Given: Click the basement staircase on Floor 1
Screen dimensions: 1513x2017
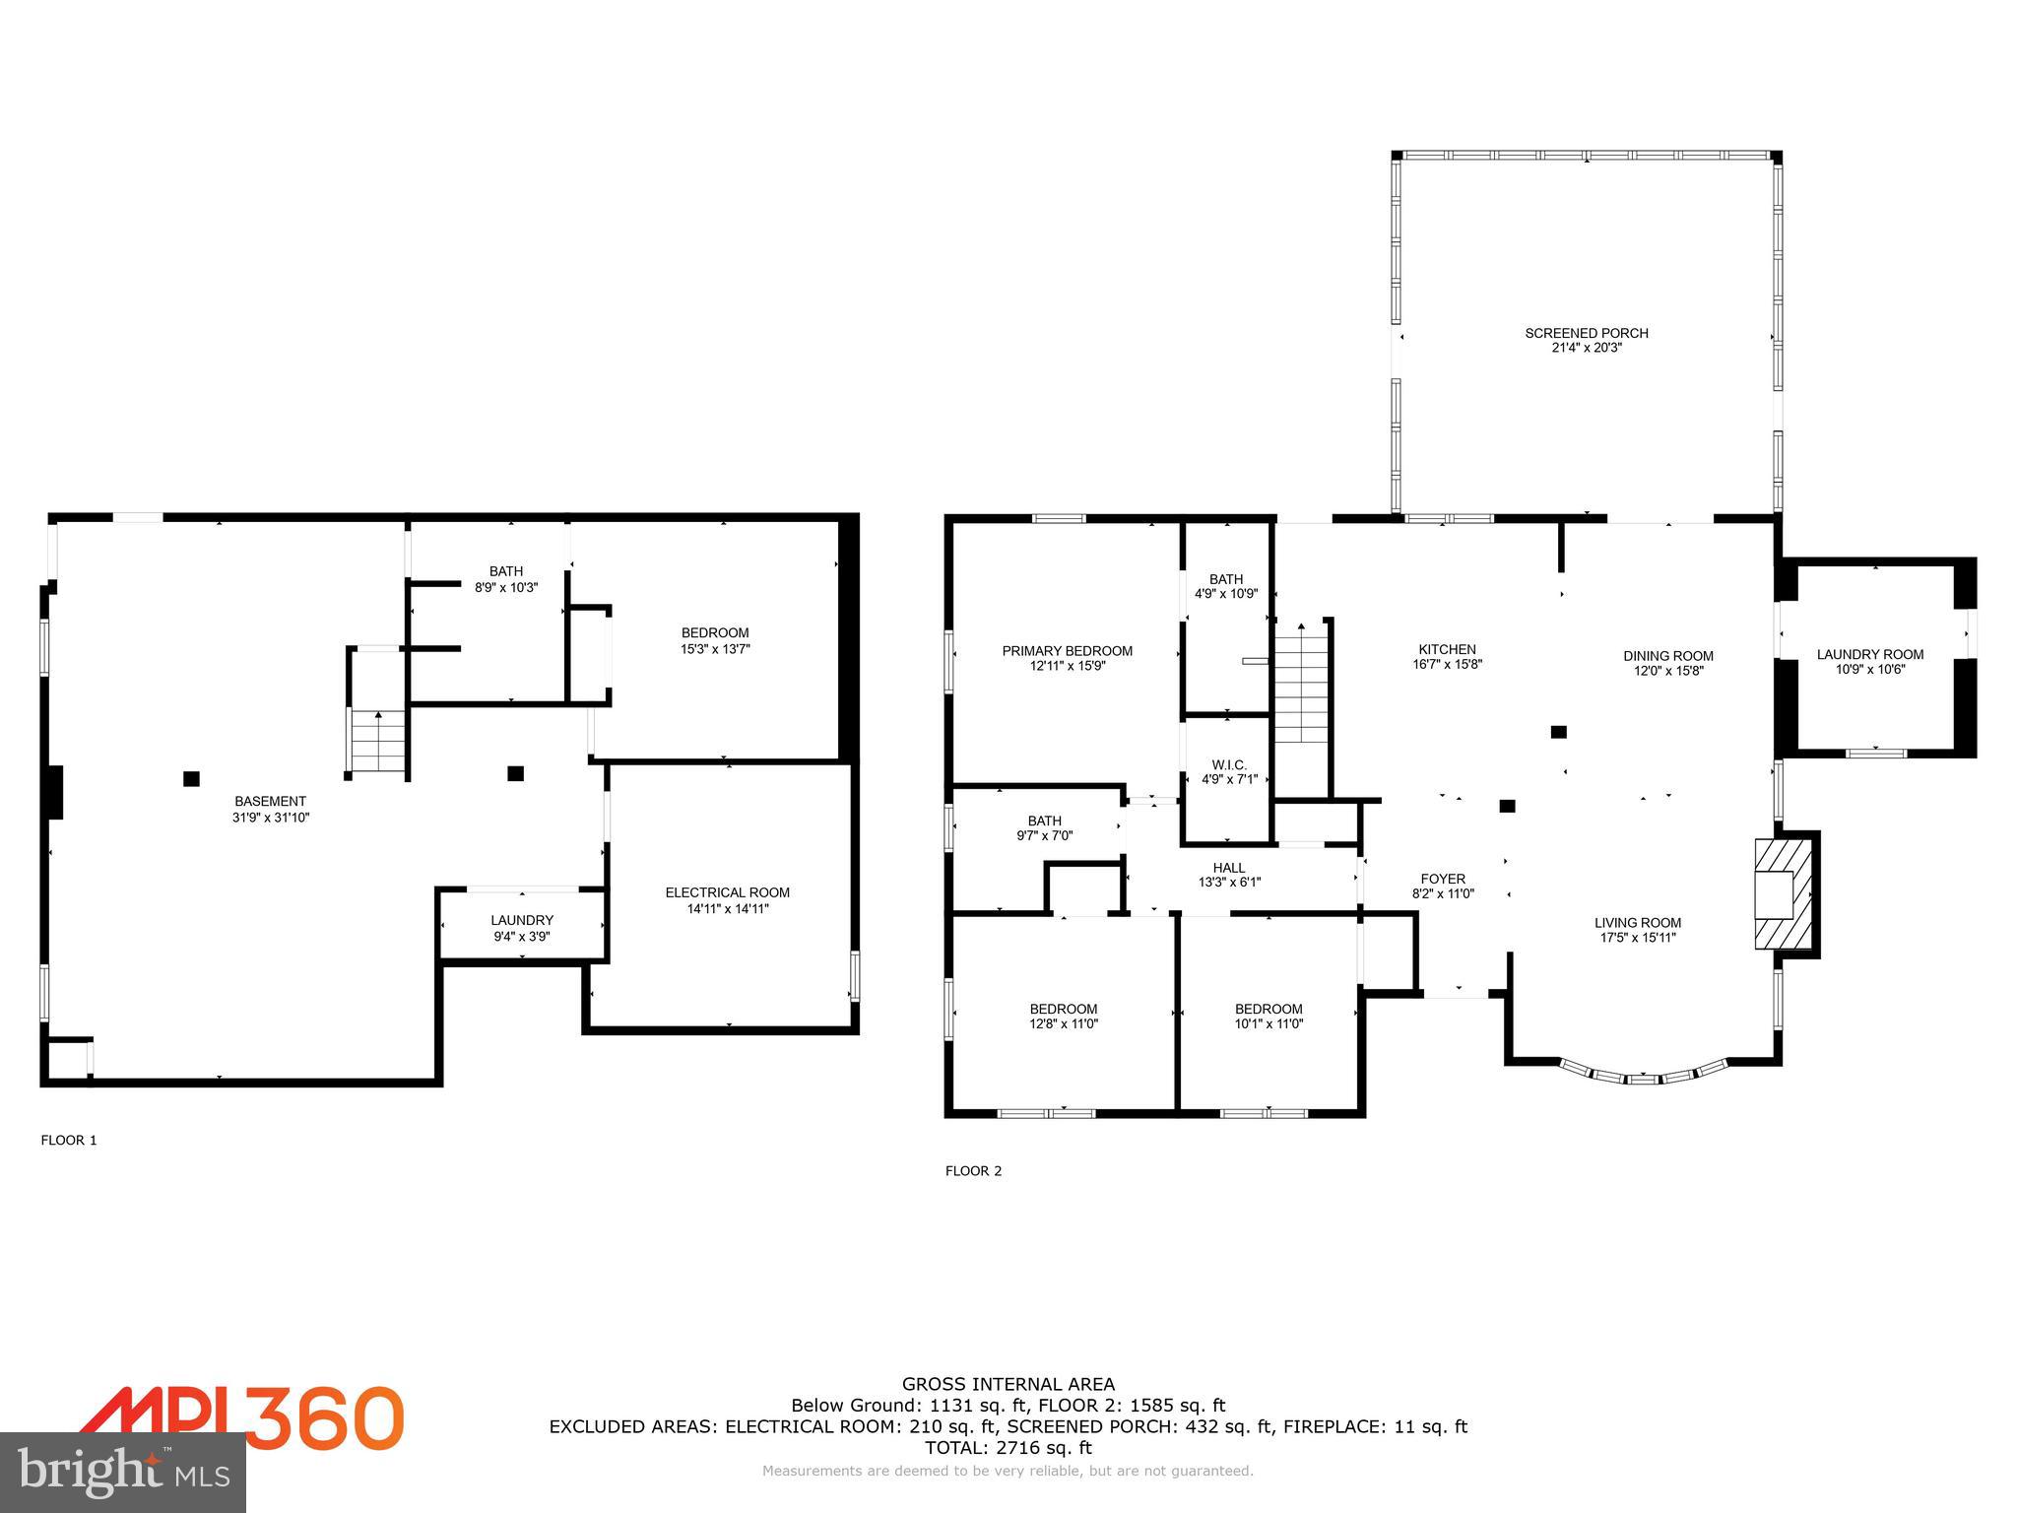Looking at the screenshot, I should (x=378, y=741).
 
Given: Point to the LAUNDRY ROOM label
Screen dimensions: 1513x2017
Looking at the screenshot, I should (x=1869, y=654).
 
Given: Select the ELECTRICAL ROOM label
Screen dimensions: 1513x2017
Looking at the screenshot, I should (x=727, y=892).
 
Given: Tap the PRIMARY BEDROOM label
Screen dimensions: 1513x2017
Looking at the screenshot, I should (x=1067, y=650).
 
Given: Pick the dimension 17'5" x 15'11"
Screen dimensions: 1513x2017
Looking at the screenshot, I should (x=1638, y=938).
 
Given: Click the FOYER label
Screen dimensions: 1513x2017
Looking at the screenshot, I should (x=1443, y=879).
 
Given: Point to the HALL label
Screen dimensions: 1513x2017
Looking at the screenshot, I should (x=1228, y=868).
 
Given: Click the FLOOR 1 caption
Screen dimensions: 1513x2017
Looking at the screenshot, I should (x=69, y=1140).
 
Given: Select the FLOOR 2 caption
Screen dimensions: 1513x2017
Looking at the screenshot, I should (x=973, y=1170).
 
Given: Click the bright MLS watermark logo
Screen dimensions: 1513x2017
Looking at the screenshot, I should (x=122, y=1472).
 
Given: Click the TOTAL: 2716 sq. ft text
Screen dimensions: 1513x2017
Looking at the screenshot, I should (x=1008, y=1447).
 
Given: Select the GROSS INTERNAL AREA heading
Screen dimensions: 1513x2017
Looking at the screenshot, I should (x=1008, y=1384).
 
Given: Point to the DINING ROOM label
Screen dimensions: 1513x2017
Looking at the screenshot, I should (x=1667, y=656).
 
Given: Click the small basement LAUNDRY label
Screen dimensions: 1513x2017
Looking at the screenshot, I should (x=522, y=920).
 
